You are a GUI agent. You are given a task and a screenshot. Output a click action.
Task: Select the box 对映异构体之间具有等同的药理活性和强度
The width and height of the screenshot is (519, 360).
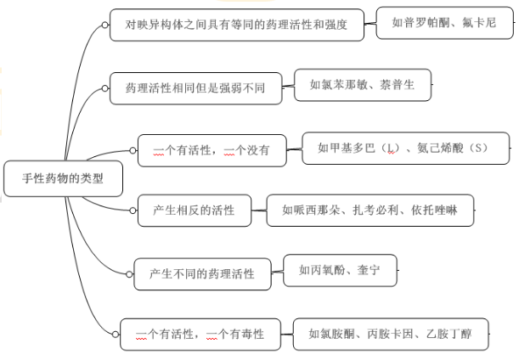(237, 25)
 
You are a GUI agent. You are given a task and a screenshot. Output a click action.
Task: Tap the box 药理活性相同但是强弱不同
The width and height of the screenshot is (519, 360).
(195, 87)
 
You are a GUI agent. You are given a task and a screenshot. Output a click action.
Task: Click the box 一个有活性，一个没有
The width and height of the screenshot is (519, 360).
(212, 150)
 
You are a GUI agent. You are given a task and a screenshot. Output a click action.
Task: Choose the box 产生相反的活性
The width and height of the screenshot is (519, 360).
(193, 210)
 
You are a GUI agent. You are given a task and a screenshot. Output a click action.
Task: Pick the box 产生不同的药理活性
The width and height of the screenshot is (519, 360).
(202, 273)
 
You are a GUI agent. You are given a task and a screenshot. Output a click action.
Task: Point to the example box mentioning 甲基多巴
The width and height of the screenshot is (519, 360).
(406, 148)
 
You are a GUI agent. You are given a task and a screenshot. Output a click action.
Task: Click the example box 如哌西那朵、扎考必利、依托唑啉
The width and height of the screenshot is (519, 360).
(370, 210)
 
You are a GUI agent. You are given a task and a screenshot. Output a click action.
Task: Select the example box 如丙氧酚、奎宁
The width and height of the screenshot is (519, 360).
(338, 270)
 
